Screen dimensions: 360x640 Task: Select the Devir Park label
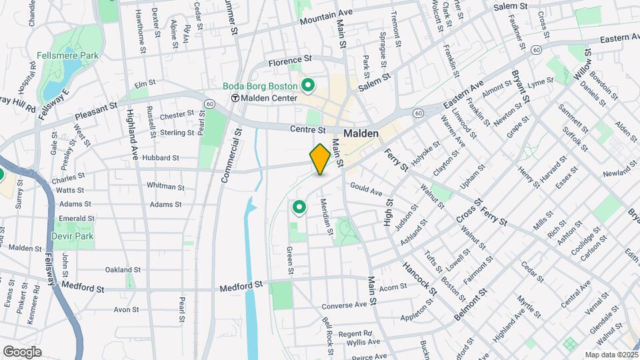74,236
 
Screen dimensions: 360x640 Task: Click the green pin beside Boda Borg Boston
308,85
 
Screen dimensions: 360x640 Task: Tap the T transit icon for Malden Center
235,98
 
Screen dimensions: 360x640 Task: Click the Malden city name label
361,133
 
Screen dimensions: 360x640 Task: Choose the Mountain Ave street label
325,17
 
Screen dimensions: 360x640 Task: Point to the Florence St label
290,61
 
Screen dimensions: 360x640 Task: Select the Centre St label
307,129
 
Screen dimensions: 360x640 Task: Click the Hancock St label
418,277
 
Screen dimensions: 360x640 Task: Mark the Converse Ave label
344,305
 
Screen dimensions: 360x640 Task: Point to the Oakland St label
122,270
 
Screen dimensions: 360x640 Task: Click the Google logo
22,351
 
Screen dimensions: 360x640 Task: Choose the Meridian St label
326,217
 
